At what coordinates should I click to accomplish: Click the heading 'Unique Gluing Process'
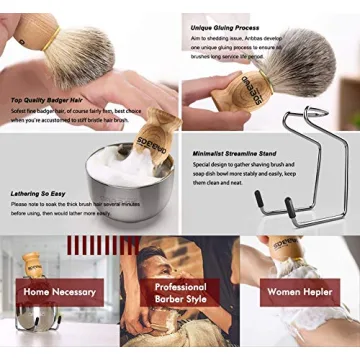[x=222, y=20]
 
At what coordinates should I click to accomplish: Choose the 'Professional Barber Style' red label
[x=180, y=293]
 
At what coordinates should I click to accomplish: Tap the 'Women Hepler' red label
[x=299, y=292]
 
